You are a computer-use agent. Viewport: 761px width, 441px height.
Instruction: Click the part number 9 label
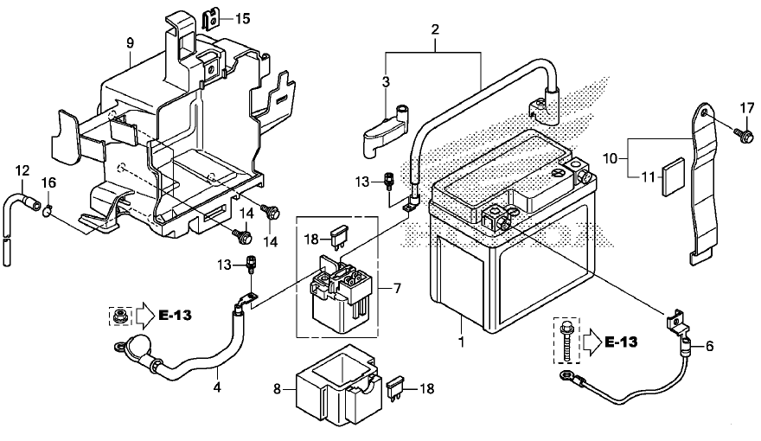[x=130, y=43]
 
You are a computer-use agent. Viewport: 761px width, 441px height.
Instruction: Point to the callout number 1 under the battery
[x=462, y=342]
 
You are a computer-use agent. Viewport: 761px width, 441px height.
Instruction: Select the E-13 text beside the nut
[x=176, y=316]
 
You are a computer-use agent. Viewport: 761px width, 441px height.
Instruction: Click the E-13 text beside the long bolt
[x=621, y=342]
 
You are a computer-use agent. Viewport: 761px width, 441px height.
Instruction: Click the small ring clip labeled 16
[x=48, y=210]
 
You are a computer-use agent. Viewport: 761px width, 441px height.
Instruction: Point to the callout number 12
[x=22, y=170]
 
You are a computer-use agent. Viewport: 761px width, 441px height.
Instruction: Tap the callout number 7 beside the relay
[x=398, y=289]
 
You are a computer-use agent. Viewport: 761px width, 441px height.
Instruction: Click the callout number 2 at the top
[x=435, y=29]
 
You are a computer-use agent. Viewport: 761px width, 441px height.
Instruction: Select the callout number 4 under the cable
[x=217, y=387]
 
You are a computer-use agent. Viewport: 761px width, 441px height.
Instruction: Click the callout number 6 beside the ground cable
[x=710, y=347]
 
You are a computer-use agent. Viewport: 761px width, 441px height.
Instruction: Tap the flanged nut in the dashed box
[x=117, y=316]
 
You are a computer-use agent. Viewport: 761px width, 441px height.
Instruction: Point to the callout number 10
[x=611, y=158]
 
